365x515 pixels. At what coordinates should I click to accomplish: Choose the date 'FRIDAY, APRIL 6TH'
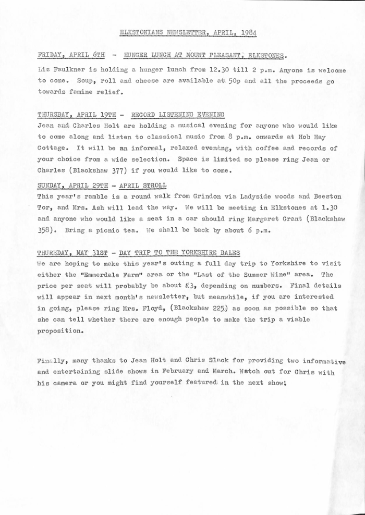pyautogui.click(x=71, y=54)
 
